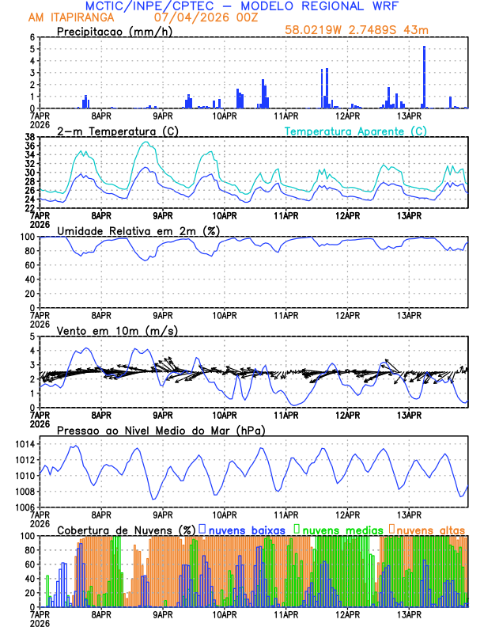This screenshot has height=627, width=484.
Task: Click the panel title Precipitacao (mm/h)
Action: pos(112,32)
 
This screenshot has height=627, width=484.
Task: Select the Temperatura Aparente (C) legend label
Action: pos(355,131)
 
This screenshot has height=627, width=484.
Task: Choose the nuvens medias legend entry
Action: pos(335,529)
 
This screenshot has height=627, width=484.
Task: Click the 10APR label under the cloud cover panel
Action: pos(224,614)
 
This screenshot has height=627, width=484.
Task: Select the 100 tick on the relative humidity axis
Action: pos(27,237)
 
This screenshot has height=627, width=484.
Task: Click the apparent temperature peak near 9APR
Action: pos(146,142)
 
